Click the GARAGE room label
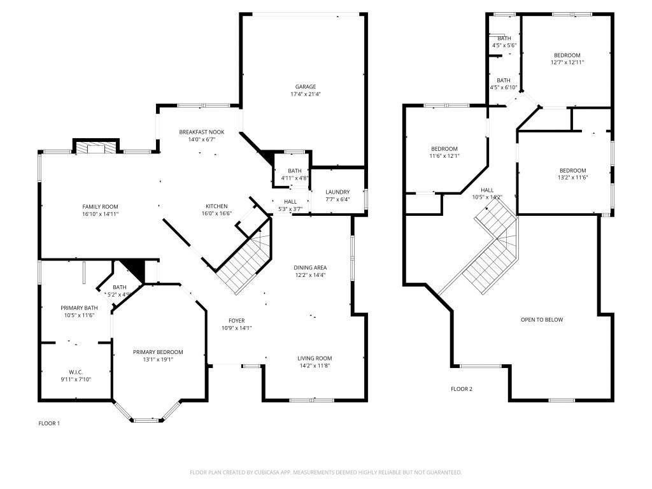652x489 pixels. (305, 87)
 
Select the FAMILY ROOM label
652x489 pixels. (100, 206)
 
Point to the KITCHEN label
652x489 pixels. (216, 206)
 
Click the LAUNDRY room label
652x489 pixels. (337, 192)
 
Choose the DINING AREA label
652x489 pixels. (311, 267)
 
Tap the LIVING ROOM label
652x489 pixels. (315, 358)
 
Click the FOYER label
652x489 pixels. (236, 320)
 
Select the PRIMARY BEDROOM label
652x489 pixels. (158, 352)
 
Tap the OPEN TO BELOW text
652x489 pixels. (542, 320)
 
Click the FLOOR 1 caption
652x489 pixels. (49, 423)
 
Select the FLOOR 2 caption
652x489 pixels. (462, 388)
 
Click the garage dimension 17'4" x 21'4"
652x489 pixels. (305, 94)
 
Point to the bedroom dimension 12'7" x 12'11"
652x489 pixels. (567, 62)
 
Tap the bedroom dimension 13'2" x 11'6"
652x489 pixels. (573, 178)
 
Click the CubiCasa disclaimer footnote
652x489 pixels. (325, 472)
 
